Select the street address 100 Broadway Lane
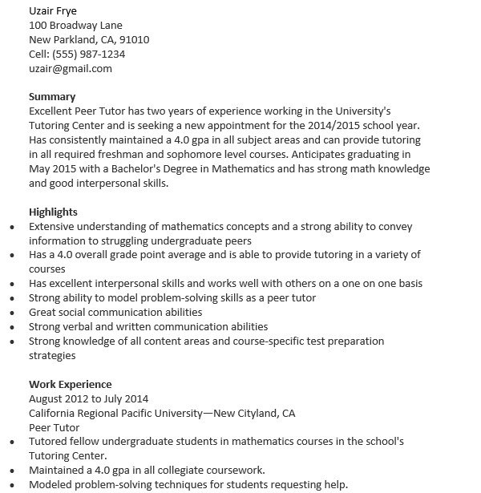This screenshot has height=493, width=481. (x=75, y=25)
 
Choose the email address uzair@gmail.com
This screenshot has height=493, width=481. (x=71, y=68)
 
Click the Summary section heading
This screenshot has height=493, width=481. (x=52, y=97)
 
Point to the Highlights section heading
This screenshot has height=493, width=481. (x=53, y=212)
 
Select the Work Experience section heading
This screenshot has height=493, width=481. (x=71, y=384)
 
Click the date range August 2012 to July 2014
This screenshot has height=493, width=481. (x=88, y=398)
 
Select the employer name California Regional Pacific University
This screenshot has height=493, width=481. (x=116, y=413)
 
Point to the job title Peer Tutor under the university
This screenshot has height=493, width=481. (x=55, y=427)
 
